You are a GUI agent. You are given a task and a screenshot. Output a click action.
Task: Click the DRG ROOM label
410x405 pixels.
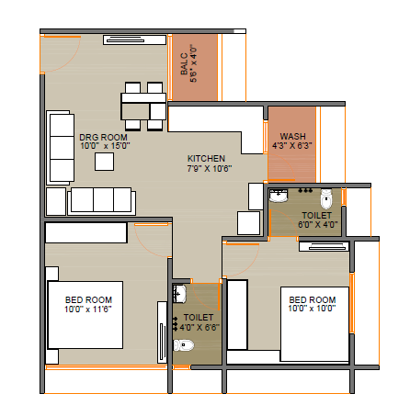(x=104, y=137)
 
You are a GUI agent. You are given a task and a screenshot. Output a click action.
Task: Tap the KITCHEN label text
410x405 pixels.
(x=206, y=159)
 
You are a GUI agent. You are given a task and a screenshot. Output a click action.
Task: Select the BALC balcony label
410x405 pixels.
(x=184, y=64)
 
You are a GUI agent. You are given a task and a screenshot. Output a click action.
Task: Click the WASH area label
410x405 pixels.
(x=292, y=136)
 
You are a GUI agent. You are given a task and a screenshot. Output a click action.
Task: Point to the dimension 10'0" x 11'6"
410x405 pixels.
(x=88, y=309)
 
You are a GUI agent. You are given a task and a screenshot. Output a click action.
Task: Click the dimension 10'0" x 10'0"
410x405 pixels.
(x=312, y=309)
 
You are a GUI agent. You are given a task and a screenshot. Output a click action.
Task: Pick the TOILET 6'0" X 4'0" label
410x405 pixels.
(x=317, y=220)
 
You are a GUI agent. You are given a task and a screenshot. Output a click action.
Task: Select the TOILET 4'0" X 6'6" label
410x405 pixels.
(x=199, y=322)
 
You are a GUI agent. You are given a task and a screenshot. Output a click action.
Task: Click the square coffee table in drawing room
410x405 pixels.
(x=104, y=162)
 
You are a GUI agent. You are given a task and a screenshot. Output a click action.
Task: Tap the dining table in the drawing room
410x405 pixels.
(x=143, y=107)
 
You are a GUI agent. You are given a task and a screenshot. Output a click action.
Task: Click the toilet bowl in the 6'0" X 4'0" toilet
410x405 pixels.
(x=326, y=199)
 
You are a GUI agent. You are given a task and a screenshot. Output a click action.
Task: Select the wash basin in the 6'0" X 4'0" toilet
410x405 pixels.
(x=279, y=196)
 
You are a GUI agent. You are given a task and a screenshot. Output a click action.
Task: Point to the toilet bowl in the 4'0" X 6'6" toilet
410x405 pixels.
(x=184, y=345)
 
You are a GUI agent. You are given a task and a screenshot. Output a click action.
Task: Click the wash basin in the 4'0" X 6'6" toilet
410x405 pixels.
(x=179, y=294)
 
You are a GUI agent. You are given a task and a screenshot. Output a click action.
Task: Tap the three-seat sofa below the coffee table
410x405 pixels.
(x=102, y=201)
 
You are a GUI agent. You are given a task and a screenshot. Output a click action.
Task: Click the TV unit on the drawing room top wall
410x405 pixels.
(x=134, y=39)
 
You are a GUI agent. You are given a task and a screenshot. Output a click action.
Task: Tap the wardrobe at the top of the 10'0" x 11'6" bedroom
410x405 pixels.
(x=86, y=233)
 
